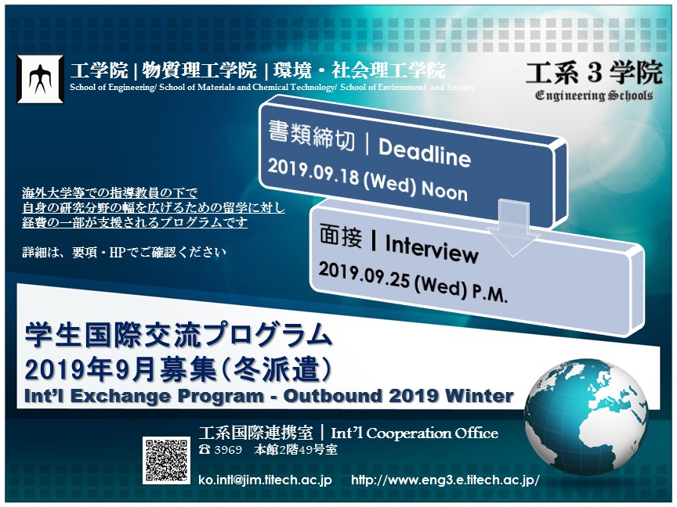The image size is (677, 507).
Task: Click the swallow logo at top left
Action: click(x=40, y=79)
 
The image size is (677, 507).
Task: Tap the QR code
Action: click(x=167, y=460)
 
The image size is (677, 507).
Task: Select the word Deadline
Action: click(x=425, y=153)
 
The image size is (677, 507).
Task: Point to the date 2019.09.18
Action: click(x=313, y=172)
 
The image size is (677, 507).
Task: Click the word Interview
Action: click(x=432, y=248)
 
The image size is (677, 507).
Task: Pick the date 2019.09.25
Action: click(x=364, y=275)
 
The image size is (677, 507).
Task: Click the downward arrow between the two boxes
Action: click(x=513, y=228)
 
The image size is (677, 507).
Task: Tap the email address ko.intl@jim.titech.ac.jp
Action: click(x=265, y=480)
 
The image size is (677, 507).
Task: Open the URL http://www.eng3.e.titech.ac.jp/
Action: click(x=445, y=480)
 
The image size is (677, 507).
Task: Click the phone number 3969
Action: click(x=228, y=450)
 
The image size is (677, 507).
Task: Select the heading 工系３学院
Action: click(x=594, y=73)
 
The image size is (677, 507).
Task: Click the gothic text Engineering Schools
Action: click(x=594, y=95)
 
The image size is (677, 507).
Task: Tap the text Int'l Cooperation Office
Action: click(x=415, y=433)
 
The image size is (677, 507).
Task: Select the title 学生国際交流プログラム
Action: click(x=179, y=336)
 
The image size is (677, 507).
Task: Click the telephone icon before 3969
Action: click(x=205, y=450)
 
